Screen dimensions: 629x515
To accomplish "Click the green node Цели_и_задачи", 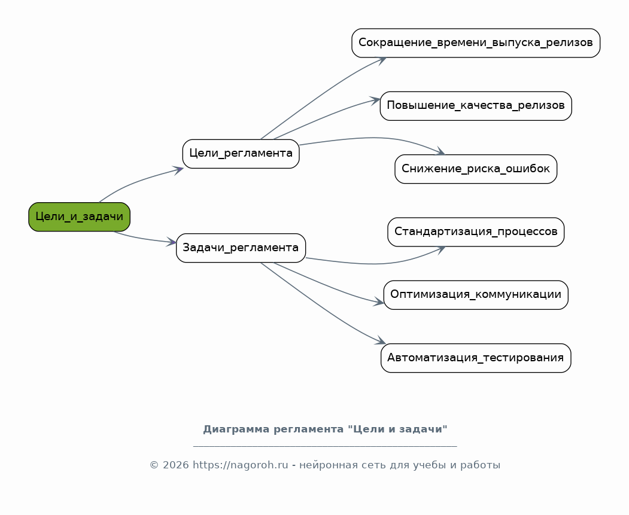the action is [x=80, y=217].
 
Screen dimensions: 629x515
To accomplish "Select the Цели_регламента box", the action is [x=241, y=154].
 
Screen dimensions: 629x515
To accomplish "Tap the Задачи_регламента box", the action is [x=241, y=248].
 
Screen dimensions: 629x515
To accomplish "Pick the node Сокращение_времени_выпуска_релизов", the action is [x=476, y=43].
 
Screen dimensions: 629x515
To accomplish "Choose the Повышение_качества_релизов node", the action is [x=476, y=106].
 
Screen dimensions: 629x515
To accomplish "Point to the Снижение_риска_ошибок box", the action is [x=476, y=169].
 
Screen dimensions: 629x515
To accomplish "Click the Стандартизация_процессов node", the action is [x=476, y=232].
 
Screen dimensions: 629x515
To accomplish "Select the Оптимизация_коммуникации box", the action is [x=476, y=295].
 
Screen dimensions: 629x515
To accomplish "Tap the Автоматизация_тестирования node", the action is [x=476, y=358].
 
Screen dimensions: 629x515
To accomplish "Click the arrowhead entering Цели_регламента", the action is [x=179, y=170].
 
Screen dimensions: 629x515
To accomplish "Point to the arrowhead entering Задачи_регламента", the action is [x=172, y=242].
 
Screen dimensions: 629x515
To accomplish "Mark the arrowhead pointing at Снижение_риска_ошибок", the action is [x=440, y=151].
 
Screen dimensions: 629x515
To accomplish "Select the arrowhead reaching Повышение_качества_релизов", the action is [x=375, y=100].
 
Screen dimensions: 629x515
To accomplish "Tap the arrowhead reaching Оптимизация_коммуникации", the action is [x=379, y=302].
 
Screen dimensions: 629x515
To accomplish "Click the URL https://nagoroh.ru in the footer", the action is [x=240, y=465].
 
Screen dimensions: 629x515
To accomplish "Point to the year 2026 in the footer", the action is [x=176, y=465].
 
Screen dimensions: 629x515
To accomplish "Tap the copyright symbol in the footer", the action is [x=154, y=465].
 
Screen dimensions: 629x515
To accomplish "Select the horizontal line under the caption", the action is [x=325, y=446].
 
